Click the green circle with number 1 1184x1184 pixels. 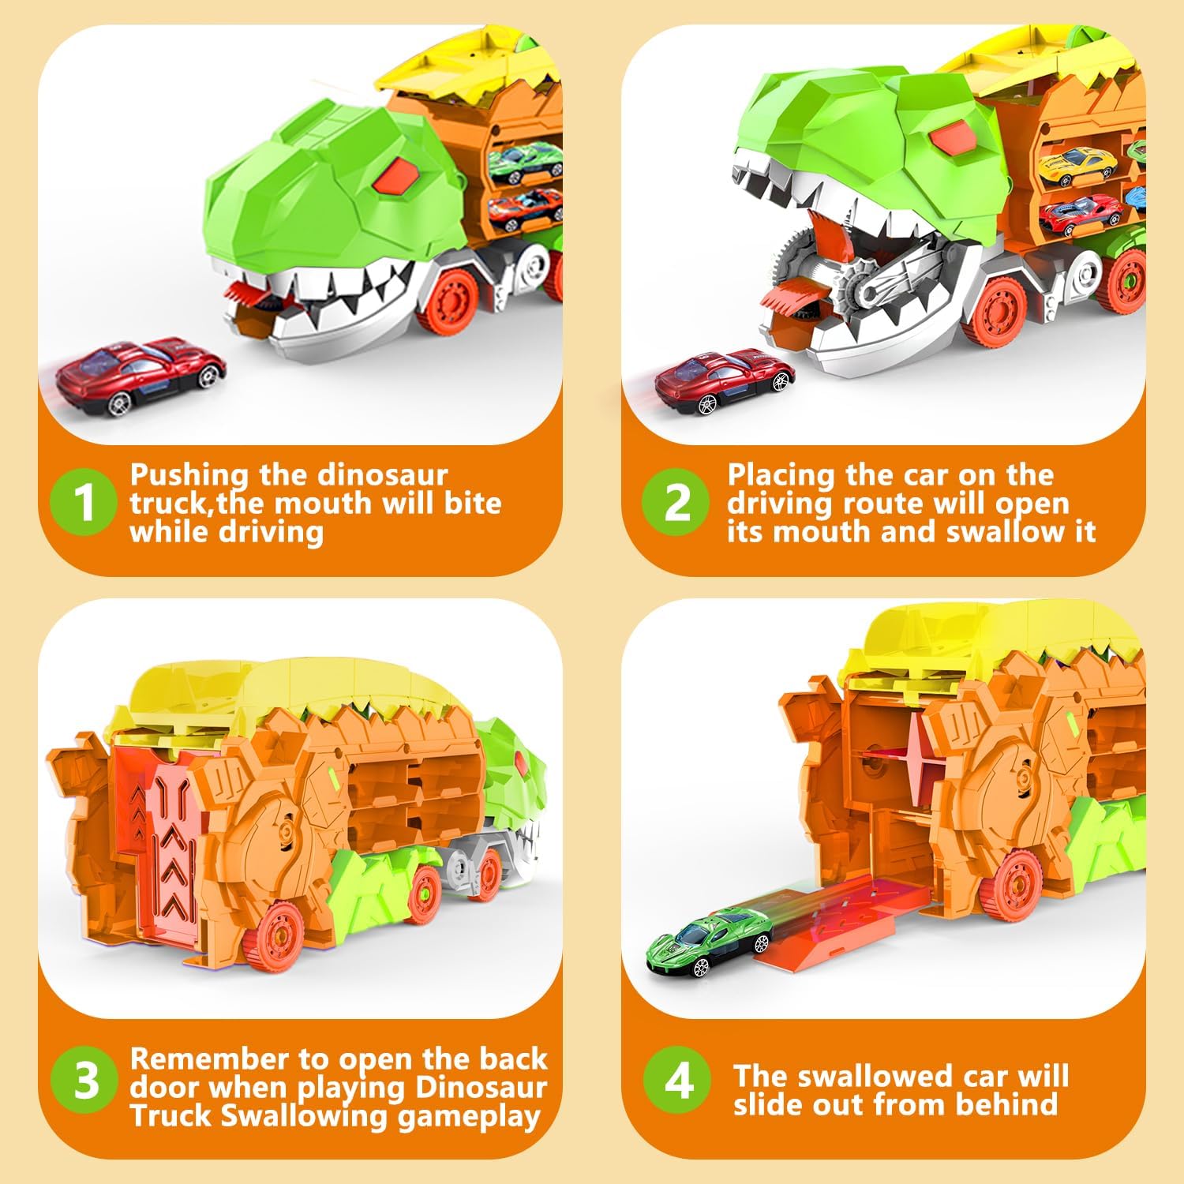(x=83, y=503)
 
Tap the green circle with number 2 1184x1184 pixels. (x=676, y=503)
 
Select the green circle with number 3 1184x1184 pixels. (x=83, y=1081)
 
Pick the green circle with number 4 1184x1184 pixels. (x=677, y=1081)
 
